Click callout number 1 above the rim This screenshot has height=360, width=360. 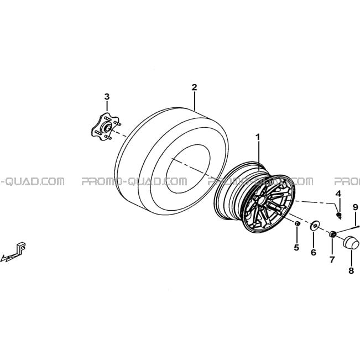[258, 137]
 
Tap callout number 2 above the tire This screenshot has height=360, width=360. [194, 87]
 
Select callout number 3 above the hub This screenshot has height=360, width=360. [107, 97]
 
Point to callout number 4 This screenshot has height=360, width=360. [338, 194]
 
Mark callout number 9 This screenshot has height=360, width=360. [356, 207]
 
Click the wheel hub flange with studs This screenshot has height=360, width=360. [106, 127]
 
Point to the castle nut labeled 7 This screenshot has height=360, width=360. [332, 234]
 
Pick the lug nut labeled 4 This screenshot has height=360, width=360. [338, 215]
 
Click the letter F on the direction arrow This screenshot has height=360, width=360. [22, 247]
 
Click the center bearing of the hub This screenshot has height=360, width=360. [107, 127]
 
